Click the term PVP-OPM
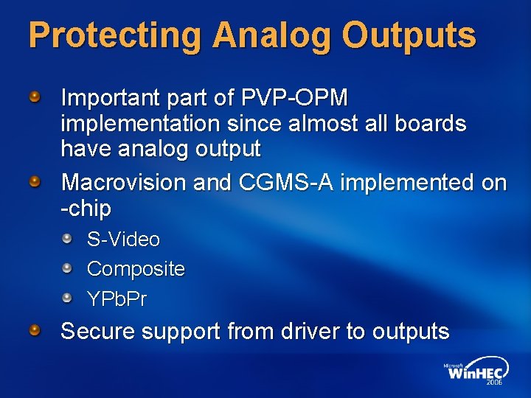tap(294, 97)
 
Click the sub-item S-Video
tap(123, 240)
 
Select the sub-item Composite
tap(136, 269)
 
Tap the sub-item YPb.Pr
tap(117, 298)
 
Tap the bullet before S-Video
tap(68, 239)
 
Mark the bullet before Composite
tap(68, 268)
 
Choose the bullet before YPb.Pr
tap(68, 298)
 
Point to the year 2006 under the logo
tap(495, 383)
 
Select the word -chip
tap(86, 209)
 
